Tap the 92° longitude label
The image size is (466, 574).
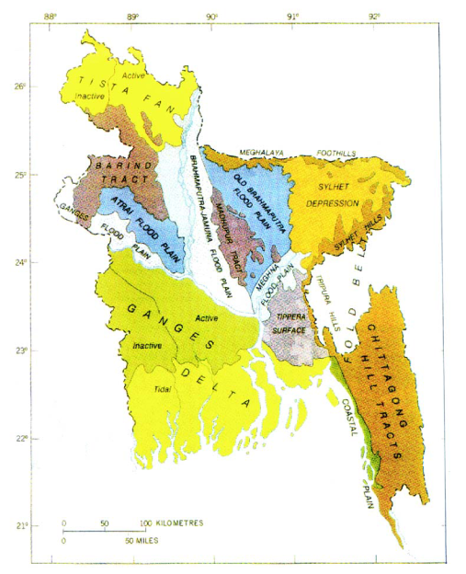[376, 16]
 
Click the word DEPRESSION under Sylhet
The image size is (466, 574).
[328, 202]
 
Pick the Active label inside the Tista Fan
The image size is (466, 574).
[133, 74]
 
